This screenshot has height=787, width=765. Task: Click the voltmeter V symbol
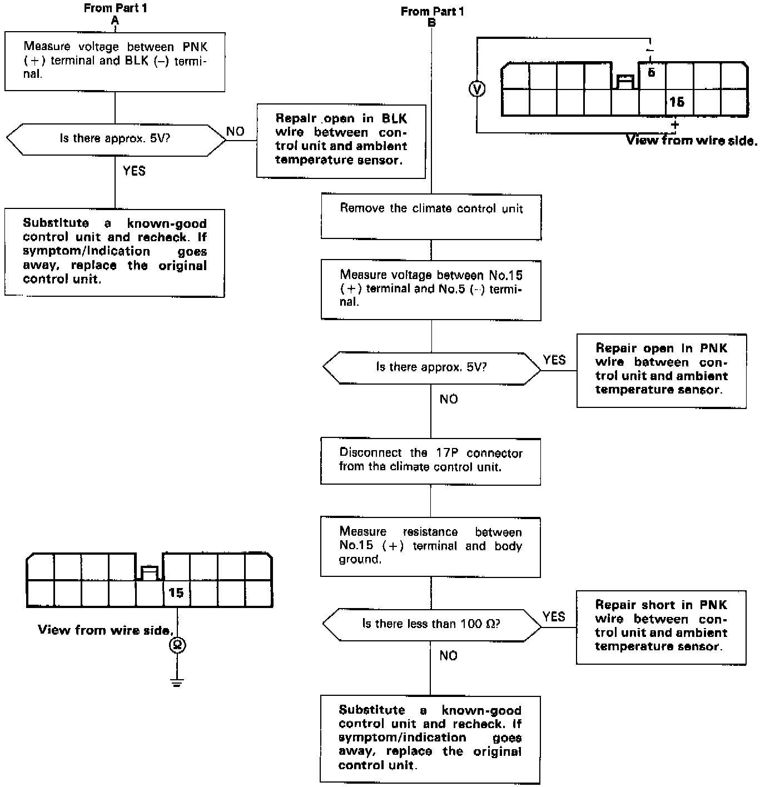[477, 89]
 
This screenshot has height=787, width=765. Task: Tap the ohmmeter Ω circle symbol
[177, 645]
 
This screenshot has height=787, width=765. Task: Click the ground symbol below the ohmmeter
[177, 683]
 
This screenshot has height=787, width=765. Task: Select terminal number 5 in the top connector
[652, 73]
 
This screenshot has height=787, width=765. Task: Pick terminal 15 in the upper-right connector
[677, 102]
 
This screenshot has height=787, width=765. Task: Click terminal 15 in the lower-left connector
[176, 593]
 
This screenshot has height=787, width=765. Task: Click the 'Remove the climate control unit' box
[431, 217]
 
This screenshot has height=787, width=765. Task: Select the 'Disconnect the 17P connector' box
[430, 461]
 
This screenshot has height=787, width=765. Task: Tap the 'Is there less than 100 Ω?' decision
[431, 624]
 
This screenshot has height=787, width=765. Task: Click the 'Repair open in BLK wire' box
[341, 141]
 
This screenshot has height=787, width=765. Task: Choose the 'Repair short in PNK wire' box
[661, 627]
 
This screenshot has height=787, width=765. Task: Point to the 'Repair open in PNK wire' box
[661, 370]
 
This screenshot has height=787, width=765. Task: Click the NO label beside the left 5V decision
[235, 132]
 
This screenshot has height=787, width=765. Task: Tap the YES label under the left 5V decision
[134, 171]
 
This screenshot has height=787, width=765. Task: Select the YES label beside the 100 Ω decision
[554, 617]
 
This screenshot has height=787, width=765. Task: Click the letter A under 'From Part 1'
[115, 21]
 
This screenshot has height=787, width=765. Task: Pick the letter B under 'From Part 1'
[432, 23]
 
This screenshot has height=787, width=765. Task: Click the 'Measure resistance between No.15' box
[430, 547]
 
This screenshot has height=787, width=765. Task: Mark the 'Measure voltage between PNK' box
[115, 61]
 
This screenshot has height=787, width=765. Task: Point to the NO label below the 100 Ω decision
[448, 656]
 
